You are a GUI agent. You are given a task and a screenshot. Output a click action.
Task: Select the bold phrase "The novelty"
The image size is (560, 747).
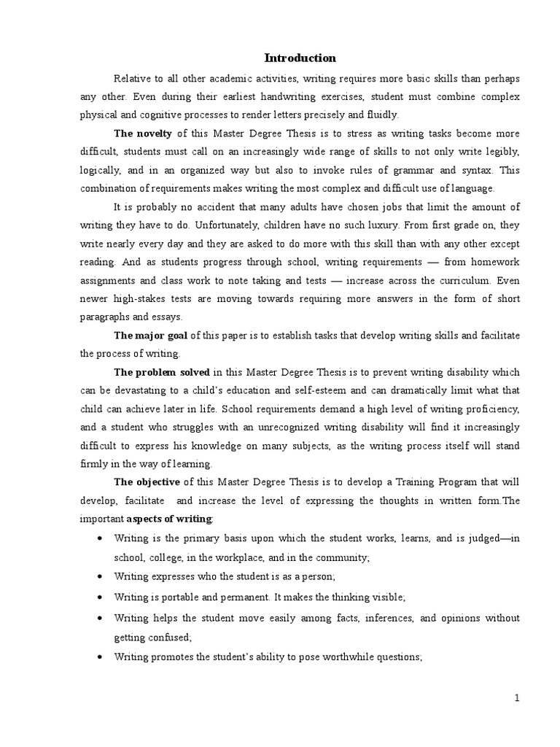coord(143,133)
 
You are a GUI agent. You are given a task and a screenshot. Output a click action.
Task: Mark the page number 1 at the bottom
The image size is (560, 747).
coord(517,698)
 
